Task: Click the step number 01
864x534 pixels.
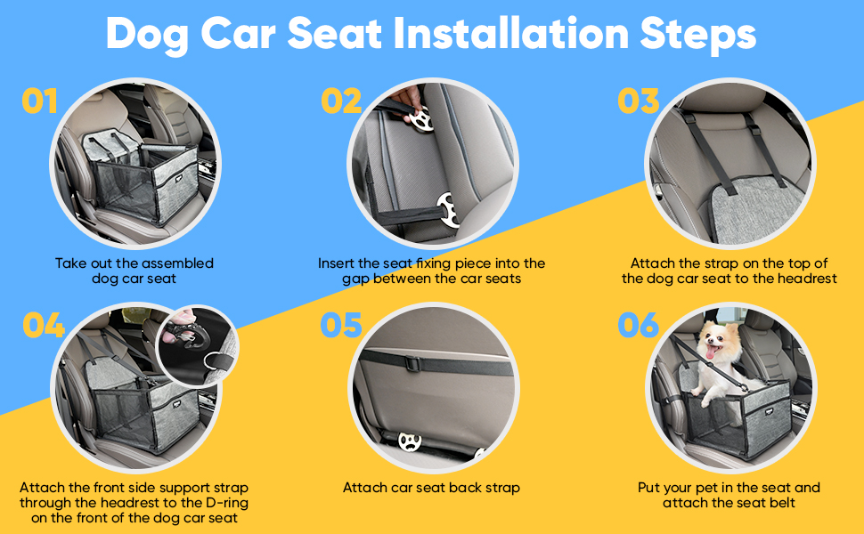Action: [x=40, y=101]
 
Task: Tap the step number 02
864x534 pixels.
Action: [x=341, y=101]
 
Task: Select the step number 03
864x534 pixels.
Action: [x=639, y=101]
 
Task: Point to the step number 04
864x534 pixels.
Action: [x=44, y=326]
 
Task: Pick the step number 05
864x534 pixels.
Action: [x=341, y=326]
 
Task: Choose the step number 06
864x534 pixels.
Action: [x=639, y=326]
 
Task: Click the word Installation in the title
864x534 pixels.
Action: [x=507, y=35]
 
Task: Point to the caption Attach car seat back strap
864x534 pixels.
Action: [x=431, y=488]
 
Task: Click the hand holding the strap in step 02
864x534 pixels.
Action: [x=411, y=96]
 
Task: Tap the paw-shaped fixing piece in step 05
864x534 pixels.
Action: [x=410, y=441]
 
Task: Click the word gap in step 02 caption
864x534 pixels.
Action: [x=357, y=279]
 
